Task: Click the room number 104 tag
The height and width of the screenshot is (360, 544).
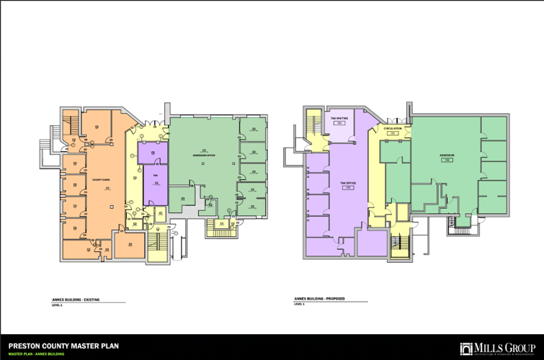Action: pyautogui.click(x=339, y=124)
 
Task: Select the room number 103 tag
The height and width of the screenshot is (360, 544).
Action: pyautogui.click(x=349, y=188)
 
